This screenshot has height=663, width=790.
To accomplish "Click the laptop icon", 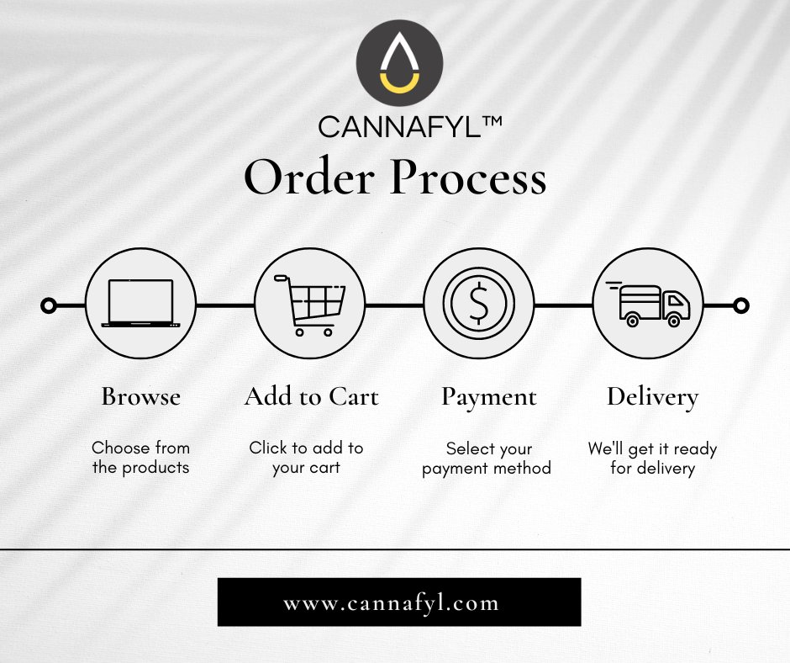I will [140, 304].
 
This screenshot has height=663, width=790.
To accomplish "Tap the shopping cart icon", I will [312, 305].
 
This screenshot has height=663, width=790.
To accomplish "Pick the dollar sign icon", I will [479, 305].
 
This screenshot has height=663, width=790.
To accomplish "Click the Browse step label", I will [140, 396].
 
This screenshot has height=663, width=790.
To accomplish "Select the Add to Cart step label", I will [311, 396].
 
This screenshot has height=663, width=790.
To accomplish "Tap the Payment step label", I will [489, 396].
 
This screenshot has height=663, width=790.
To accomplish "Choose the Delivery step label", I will [652, 396].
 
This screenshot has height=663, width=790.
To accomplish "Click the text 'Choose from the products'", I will [140, 458].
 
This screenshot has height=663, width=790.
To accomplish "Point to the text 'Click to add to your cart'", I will [306, 458].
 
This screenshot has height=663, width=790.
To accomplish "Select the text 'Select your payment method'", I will [487, 459].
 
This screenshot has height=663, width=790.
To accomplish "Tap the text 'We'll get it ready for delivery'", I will [652, 459].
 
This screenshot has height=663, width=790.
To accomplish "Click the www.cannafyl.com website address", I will [399, 602].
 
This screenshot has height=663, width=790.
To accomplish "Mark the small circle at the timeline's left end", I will [49, 305].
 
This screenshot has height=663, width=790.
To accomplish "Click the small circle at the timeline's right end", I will [740, 305].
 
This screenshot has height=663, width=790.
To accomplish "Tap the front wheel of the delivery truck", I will [673, 319].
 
